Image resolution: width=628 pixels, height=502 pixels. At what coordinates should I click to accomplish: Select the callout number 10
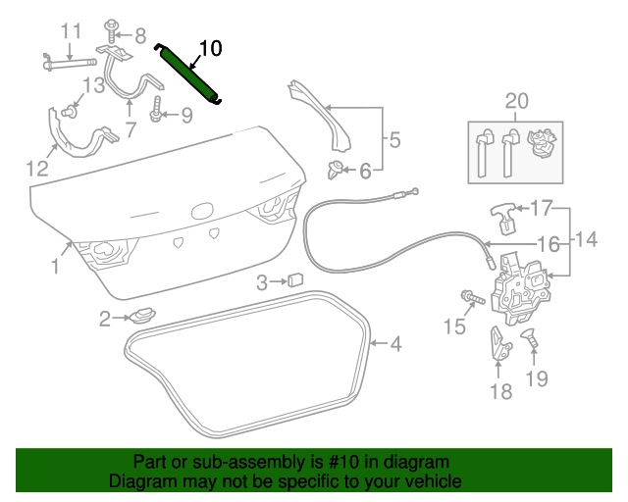pos(211,47)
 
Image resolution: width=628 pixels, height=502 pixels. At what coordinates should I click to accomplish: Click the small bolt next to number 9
pos(156,116)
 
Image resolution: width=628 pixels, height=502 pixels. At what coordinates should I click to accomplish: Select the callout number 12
pos(36,169)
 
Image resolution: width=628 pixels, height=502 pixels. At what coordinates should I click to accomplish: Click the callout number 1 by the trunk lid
pos(56,266)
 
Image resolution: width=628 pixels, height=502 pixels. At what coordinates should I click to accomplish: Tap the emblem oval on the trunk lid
pos(202,211)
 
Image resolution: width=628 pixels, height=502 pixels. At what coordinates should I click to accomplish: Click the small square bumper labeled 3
pos(294,281)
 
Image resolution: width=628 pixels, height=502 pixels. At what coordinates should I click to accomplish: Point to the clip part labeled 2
pos(143,316)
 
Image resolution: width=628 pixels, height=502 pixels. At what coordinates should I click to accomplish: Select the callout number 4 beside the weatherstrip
pos(395,344)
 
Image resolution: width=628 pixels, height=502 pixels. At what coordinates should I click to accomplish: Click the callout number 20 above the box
pos(516,100)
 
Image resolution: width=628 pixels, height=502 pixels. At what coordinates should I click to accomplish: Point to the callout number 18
pos(499,392)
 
